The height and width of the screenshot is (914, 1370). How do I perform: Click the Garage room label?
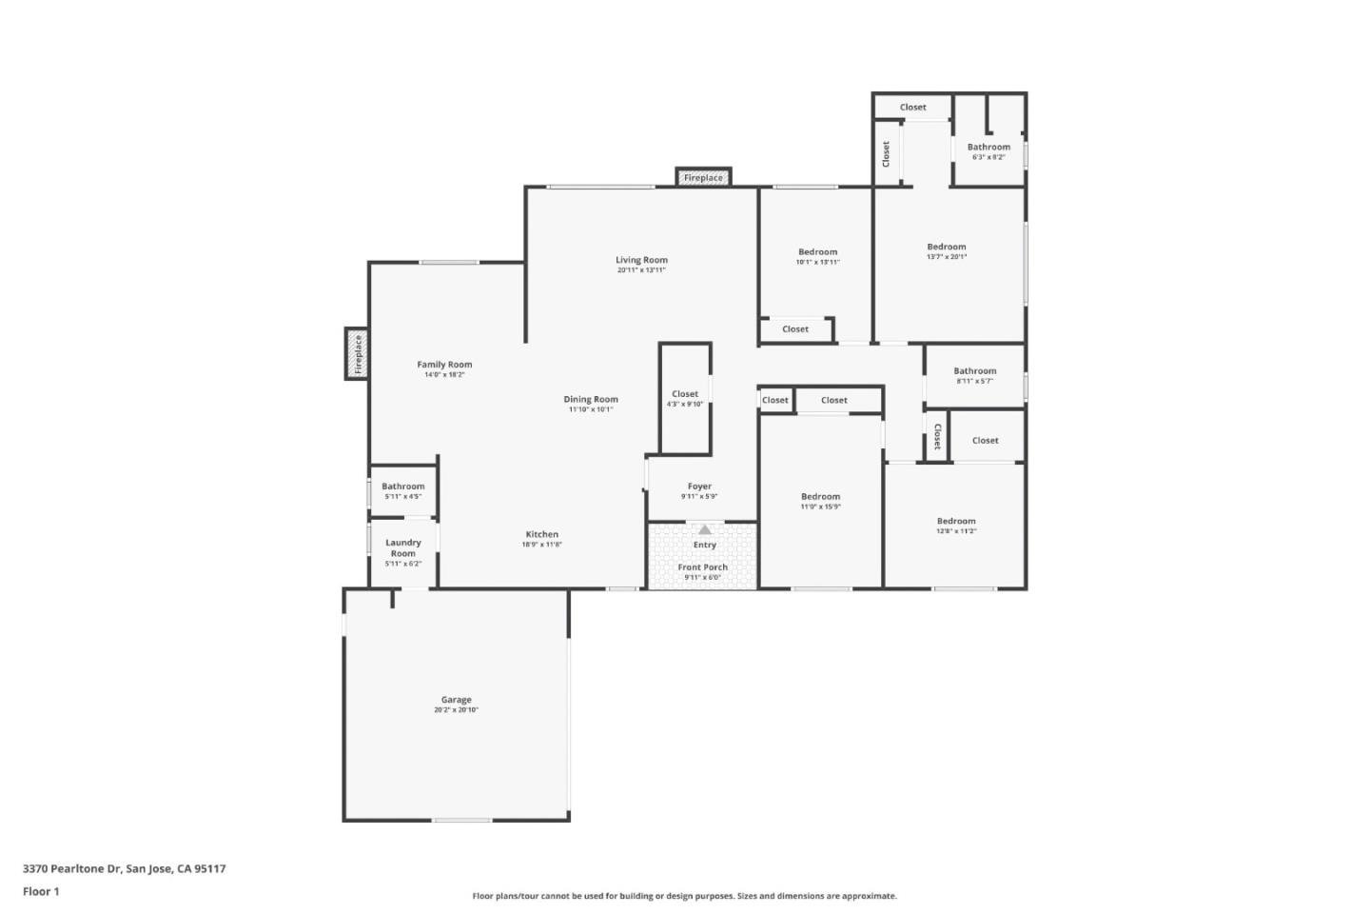pyautogui.click(x=456, y=700)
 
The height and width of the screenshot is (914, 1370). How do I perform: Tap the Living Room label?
pyautogui.click(x=641, y=260)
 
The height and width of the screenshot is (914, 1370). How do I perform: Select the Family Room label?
pyautogui.click(x=444, y=365)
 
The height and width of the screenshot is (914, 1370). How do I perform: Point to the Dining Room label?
pyautogui.click(x=591, y=400)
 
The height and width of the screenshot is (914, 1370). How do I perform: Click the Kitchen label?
pyautogui.click(x=542, y=534)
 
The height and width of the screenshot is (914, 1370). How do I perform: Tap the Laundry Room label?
pyautogui.click(x=403, y=547)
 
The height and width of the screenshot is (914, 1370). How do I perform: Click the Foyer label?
pyautogui.click(x=699, y=487)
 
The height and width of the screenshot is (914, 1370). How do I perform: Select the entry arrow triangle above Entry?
pyautogui.click(x=705, y=529)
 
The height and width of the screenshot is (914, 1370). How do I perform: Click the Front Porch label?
pyautogui.click(x=703, y=567)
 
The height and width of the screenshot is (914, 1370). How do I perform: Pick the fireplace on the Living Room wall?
pyautogui.click(x=703, y=177)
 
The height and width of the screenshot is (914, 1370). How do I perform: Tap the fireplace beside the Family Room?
pyautogui.click(x=357, y=353)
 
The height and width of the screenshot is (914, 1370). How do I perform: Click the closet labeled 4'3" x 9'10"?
pyautogui.click(x=685, y=398)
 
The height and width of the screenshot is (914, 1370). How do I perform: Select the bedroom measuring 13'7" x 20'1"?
pyautogui.click(x=947, y=250)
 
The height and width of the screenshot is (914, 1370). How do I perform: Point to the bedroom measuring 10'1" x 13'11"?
pyautogui.click(x=818, y=256)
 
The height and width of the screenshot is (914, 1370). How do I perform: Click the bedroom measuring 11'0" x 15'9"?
pyautogui.click(x=820, y=501)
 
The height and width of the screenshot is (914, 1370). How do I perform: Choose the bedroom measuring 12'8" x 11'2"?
pyautogui.click(x=956, y=526)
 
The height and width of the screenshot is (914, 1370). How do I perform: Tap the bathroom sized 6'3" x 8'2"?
pyautogui.click(x=988, y=150)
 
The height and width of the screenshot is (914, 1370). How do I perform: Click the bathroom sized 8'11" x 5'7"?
pyautogui.click(x=975, y=375)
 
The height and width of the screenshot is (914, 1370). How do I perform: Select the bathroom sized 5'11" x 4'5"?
pyautogui.click(x=403, y=490)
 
